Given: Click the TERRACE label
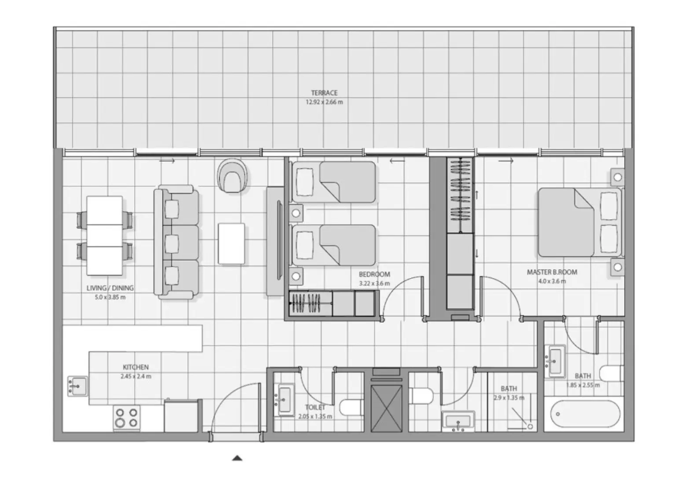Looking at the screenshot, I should click(324, 93).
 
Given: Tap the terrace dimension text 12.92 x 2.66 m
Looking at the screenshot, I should click(324, 102).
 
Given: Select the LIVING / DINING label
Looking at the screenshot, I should click(110, 288).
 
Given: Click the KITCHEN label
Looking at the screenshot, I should click(135, 367).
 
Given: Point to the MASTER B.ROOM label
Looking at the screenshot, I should click(552, 272).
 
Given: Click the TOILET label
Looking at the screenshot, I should click(315, 407).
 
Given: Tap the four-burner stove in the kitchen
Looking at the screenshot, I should click(126, 418).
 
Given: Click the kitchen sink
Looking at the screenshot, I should click(77, 386).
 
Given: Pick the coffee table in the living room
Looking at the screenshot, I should click(231, 244).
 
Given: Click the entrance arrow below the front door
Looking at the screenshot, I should click(237, 458).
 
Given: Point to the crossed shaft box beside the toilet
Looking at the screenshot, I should click(386, 408).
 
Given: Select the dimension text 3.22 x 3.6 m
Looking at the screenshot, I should click(374, 283).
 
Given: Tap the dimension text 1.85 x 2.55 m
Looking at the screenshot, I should click(583, 385).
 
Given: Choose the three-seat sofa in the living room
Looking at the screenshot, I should click(176, 242).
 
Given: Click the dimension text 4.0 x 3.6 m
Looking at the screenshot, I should click(552, 281).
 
